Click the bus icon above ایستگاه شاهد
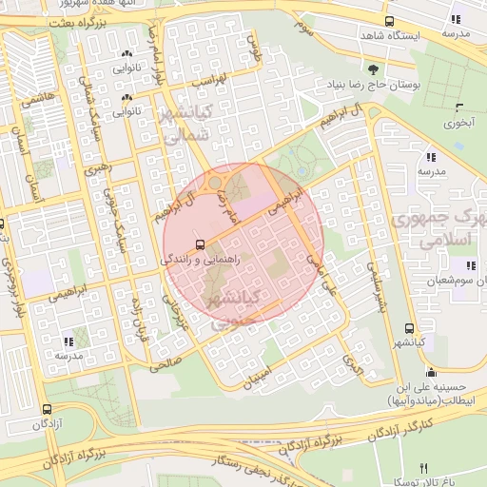[388, 21]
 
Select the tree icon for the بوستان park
[372, 69]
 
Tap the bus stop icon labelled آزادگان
[46, 409]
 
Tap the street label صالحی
[166, 362]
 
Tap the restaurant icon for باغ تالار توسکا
[424, 468]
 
